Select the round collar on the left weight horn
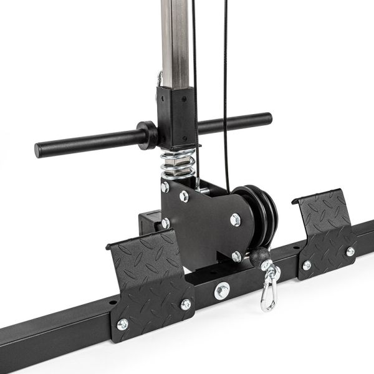(x=148, y=134)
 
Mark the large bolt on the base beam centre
(x=222, y=290)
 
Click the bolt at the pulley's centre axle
(x=235, y=219)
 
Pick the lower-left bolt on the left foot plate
(x=123, y=324)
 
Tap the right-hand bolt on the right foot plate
(x=350, y=252)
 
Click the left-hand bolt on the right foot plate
(x=307, y=265)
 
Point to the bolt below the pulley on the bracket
(x=236, y=256)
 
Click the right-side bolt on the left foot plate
(x=186, y=304)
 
